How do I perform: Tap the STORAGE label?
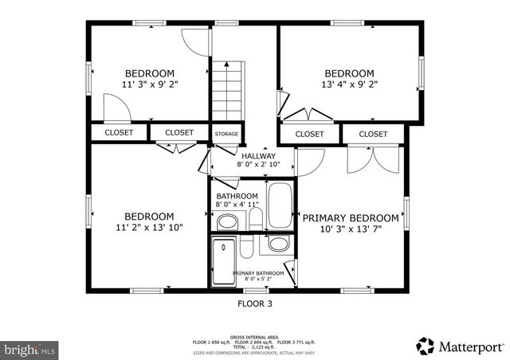tap(226, 134)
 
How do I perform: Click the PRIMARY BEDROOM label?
tap(350, 217)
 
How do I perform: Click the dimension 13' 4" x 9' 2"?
tap(348, 83)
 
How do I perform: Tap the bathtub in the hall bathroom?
tap(280, 205)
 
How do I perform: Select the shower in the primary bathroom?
tap(223, 259)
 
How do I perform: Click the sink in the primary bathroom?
tap(278, 245)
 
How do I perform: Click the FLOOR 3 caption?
tap(255, 303)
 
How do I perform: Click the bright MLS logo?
tap(30, 349)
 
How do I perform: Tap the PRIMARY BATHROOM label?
tap(257, 274)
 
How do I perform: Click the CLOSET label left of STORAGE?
tap(179, 133)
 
